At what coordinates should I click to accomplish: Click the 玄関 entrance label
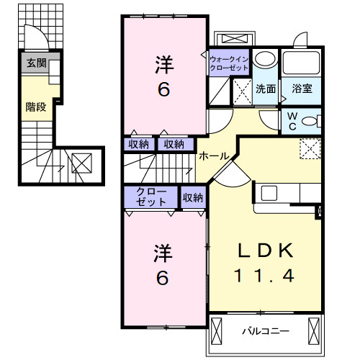37,64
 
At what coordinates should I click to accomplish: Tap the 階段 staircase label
35,107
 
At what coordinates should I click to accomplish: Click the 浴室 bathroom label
302,89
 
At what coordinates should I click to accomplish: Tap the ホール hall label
214,156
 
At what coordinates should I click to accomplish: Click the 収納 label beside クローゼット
192,197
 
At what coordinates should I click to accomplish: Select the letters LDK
266,251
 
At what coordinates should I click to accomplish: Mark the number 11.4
266,276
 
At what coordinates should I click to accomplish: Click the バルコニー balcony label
264,331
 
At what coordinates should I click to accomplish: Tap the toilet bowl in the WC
312,120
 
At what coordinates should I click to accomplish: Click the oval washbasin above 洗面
265,60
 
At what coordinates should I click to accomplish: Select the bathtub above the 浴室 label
302,63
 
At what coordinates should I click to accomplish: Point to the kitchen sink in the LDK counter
269,193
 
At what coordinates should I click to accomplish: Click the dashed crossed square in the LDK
310,148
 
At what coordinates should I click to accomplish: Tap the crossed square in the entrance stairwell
81,163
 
